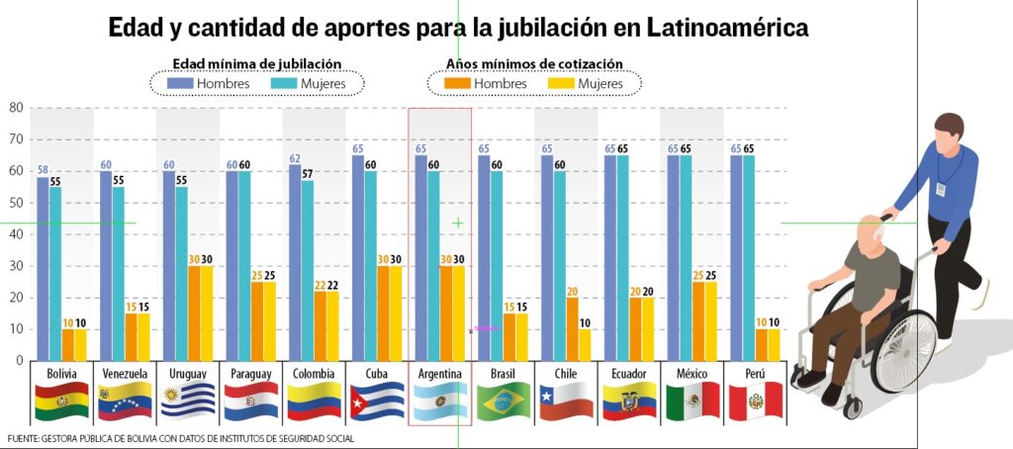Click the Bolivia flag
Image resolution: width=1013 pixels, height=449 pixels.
[62, 401]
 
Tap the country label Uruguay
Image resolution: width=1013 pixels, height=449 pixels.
[188, 374]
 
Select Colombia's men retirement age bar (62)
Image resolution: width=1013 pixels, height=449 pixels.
[295, 262]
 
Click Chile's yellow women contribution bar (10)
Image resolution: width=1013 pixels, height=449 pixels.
[585, 344]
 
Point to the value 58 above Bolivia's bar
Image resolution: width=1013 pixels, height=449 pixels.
[43, 170]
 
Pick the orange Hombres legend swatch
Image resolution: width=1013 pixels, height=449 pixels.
[456, 83]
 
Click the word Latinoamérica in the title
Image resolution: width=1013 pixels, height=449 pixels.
[727, 28]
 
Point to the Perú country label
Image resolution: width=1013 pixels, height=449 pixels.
[755, 374]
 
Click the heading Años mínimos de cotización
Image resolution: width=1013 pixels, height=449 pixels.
[534, 64]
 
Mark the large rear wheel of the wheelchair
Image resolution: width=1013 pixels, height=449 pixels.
[904, 351]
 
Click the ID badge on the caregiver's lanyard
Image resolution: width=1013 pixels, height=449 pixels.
[941, 189]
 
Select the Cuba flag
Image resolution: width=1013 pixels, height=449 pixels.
[377, 401]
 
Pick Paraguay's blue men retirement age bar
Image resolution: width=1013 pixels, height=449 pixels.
[231, 265]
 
